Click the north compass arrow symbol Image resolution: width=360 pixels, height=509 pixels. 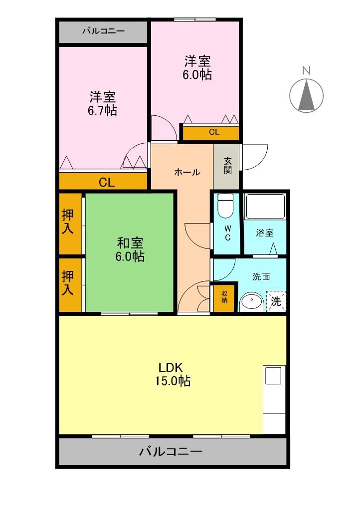307,95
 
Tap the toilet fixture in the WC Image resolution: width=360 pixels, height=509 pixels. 226,206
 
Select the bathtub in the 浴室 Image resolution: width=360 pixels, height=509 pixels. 265,207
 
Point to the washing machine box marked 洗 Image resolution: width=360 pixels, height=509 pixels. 276,301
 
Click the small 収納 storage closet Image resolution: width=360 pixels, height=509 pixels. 224,297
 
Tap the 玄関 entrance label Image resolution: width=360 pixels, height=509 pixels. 227,166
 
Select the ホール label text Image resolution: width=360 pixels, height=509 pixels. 187,173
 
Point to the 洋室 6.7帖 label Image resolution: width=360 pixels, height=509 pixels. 103,103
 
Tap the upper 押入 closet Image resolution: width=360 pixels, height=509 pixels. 68,222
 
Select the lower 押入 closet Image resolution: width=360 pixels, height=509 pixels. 68,283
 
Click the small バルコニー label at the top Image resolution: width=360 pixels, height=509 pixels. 103,31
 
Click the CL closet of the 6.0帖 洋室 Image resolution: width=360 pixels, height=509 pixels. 213,132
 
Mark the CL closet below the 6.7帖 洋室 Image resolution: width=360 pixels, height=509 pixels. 106,182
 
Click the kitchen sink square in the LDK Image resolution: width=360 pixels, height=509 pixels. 273,375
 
